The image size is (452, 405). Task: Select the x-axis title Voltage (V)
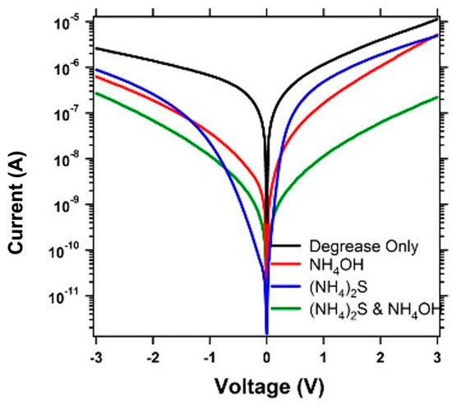coord(266,386)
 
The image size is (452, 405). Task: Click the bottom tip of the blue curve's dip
coord(266,333)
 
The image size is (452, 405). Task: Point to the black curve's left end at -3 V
coord(97,48)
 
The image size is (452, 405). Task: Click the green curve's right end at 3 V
coord(436,96)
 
